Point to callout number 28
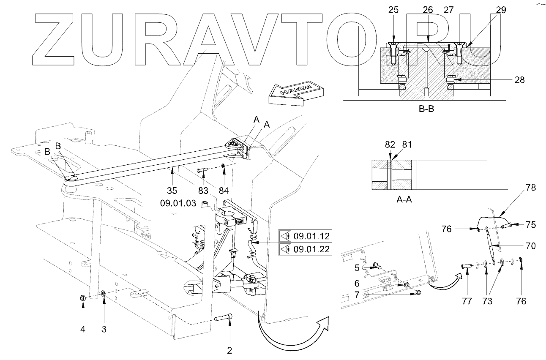pyautogui.click(x=519, y=79)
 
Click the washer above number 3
pyautogui.click(x=104, y=293)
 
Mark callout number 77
pyautogui.click(x=466, y=301)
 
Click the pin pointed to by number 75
pyautogui.click(x=506, y=225)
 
